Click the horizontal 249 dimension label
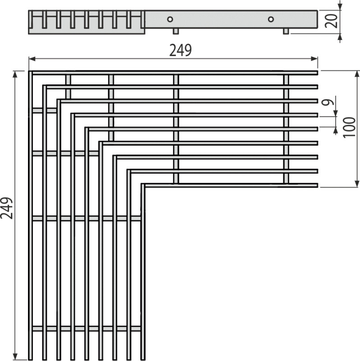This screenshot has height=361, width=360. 180,50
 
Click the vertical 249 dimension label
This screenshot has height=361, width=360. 7,208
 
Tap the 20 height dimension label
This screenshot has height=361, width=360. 331,21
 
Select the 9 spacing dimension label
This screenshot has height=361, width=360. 328,102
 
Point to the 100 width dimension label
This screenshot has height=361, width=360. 349,128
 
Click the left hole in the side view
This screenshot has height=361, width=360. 170,19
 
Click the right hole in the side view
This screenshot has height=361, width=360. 271,19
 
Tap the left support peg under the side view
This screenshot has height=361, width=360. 175,31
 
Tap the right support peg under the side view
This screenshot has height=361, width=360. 286,31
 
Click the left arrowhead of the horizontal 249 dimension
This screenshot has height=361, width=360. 32,59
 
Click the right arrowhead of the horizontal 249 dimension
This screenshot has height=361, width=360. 314,59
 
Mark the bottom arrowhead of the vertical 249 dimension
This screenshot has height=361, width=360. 15,356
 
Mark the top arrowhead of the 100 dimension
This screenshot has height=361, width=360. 357,74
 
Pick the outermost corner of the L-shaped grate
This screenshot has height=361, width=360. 29,71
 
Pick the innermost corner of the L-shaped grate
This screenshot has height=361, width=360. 144,187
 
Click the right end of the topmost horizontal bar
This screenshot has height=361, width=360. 318,73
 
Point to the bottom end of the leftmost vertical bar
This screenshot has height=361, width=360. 30,359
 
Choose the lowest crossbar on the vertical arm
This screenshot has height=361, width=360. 87,329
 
